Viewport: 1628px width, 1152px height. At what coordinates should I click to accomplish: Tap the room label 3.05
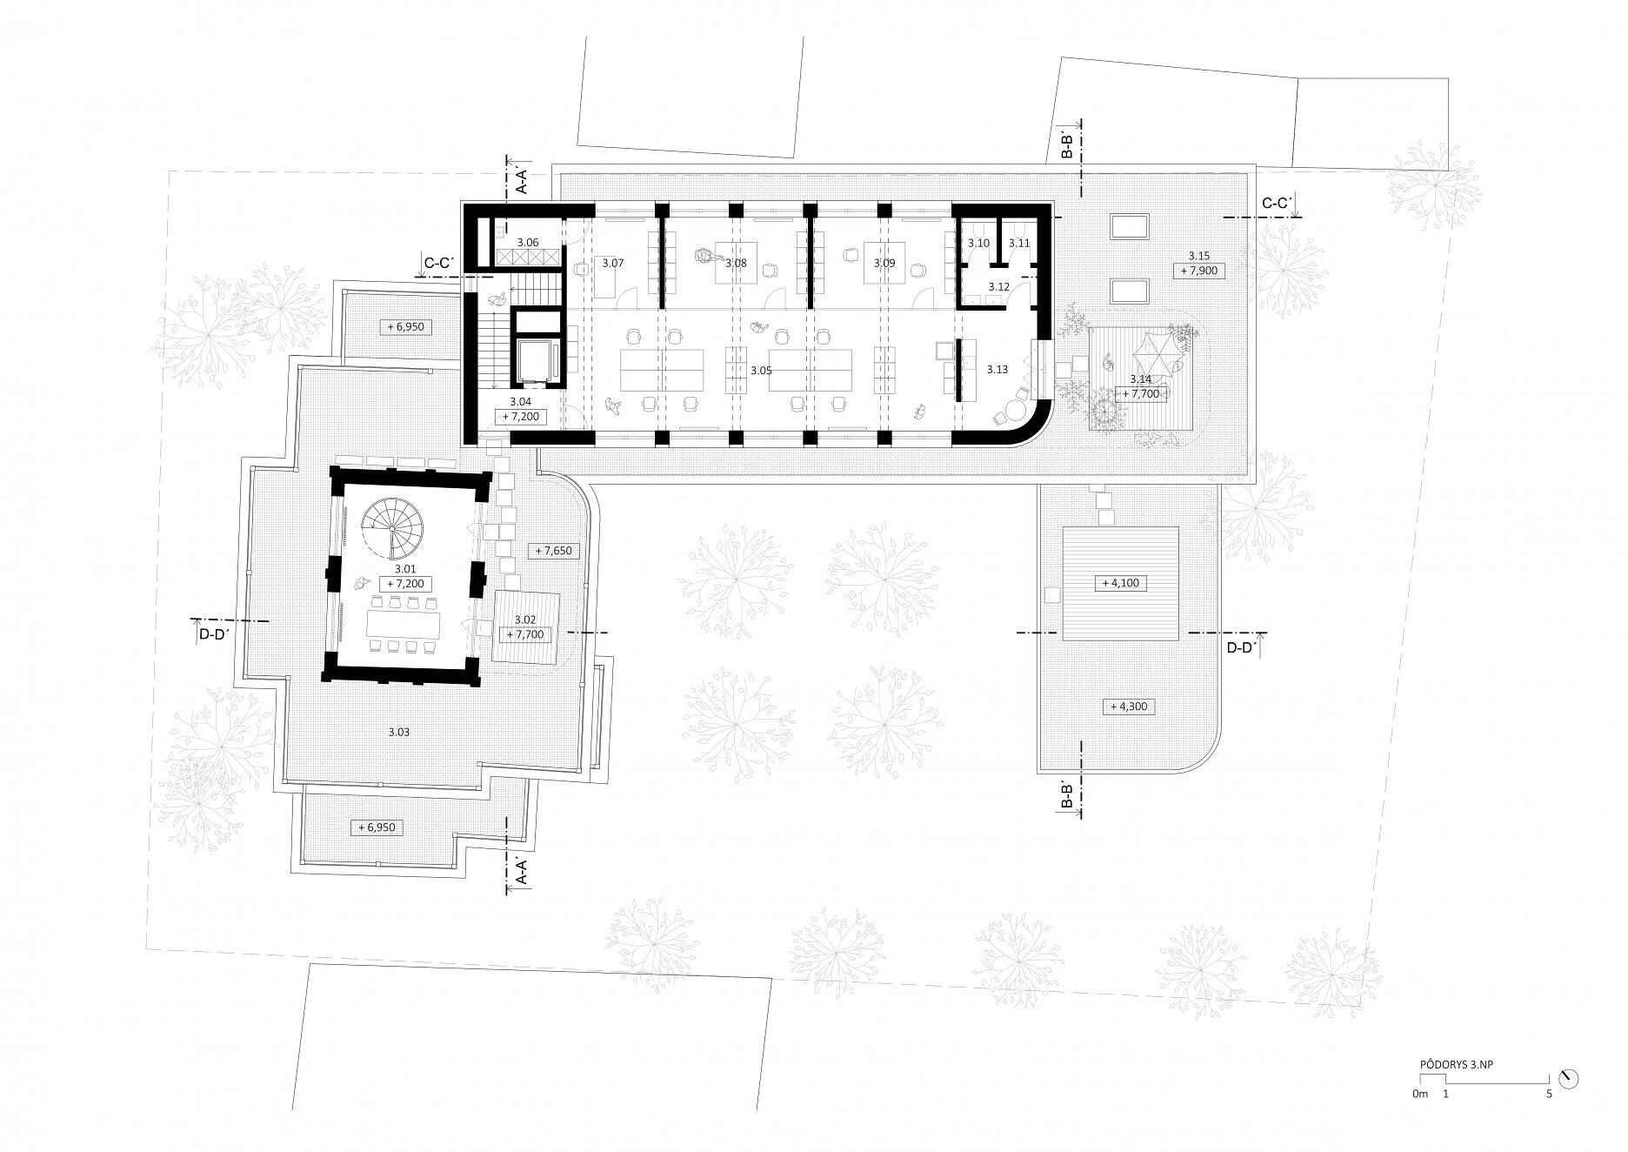(x=761, y=371)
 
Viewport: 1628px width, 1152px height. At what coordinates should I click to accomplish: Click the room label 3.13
(x=997, y=370)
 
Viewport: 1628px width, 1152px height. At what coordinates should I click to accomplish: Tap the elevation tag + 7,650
(x=553, y=551)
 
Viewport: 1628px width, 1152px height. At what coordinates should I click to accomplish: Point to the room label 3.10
(x=979, y=243)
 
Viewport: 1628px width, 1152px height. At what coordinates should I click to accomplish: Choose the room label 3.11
(x=1019, y=243)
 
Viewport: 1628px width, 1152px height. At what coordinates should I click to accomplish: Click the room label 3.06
(x=527, y=243)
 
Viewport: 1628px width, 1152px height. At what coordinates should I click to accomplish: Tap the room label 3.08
(x=736, y=263)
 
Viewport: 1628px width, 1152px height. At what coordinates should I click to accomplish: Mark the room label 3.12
(x=997, y=286)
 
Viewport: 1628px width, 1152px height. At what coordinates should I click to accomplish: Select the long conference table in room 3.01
(x=404, y=624)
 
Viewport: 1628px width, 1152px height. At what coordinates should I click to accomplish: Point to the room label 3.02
(x=524, y=620)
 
